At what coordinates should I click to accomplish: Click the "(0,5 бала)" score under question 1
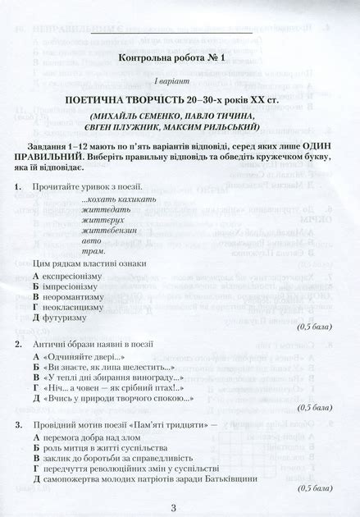(x=315, y=326)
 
